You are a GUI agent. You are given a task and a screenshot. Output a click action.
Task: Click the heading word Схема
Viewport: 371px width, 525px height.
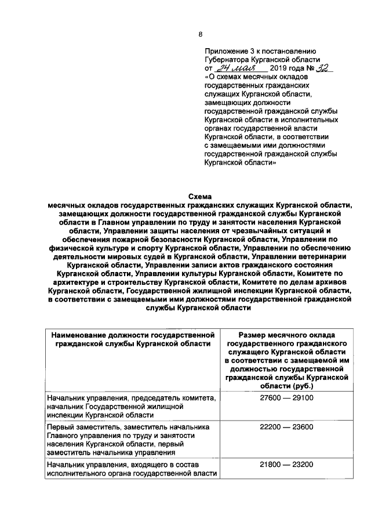pyautogui.click(x=201, y=197)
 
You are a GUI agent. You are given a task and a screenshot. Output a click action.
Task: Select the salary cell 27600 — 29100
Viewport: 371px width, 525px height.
pyautogui.click(x=286, y=398)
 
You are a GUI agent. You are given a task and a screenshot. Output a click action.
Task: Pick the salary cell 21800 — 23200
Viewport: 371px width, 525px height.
pyautogui.click(x=286, y=465)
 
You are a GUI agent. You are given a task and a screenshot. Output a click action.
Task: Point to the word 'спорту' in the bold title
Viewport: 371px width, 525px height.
pyautogui.click(x=143, y=248)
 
